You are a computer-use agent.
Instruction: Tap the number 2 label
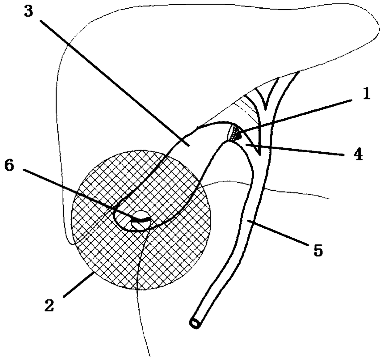coord(49,306)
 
